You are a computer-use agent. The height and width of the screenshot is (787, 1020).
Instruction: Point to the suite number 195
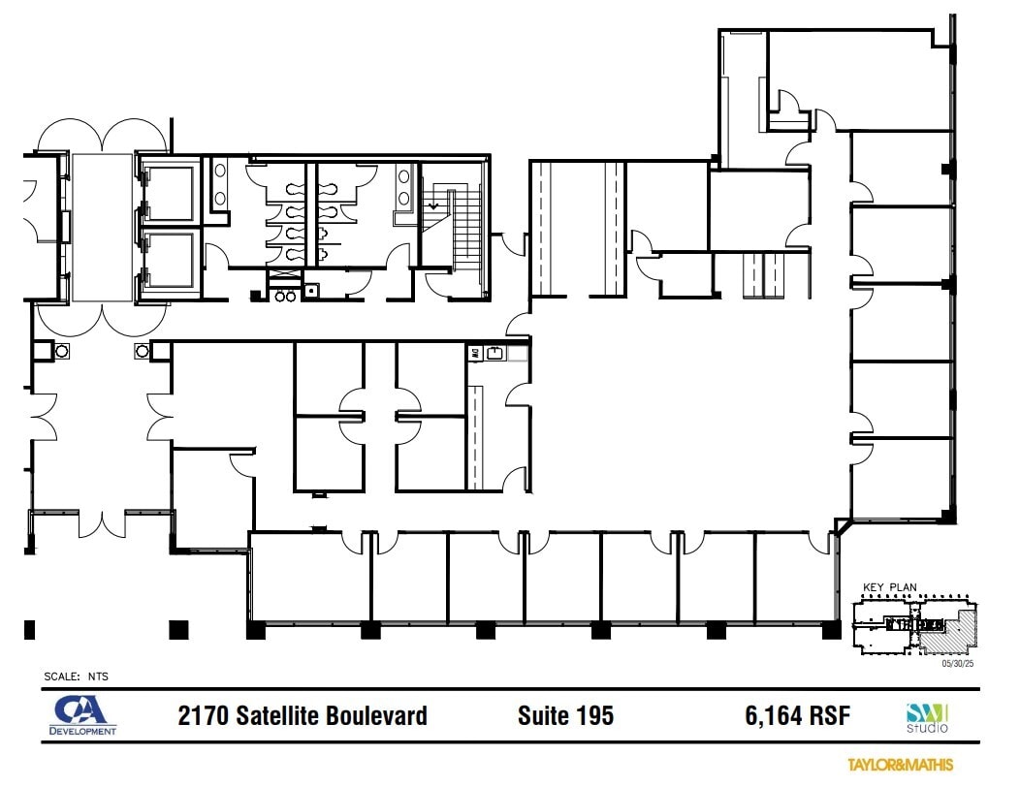click(x=593, y=716)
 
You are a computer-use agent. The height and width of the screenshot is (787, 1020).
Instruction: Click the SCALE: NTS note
click(x=75, y=677)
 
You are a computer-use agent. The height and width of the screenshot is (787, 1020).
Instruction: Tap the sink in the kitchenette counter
click(x=496, y=355)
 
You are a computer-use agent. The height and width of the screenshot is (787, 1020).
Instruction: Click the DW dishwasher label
click(x=476, y=354)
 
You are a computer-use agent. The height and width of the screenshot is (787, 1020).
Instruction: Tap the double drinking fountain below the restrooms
click(x=285, y=296)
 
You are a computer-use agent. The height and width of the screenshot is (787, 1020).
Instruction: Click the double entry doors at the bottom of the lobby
click(x=101, y=523)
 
